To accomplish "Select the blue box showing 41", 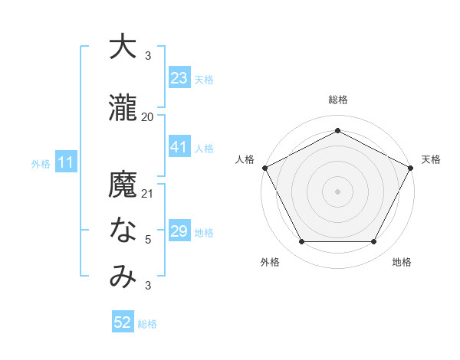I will point(179,147).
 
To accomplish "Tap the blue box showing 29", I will point(179,231).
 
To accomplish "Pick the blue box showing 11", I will point(65,162).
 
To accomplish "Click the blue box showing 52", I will point(122,323).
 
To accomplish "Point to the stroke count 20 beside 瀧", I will point(148,117).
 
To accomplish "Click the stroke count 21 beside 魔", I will point(148,194).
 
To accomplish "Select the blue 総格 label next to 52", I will point(147,324).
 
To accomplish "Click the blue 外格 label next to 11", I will point(40,163).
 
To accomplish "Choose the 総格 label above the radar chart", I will point(337,100).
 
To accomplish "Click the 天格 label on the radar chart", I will point(431,159).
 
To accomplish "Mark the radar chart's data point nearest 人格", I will point(264,167).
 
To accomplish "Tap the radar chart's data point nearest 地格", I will point(374,242).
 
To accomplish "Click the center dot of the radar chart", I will point(337,191).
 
